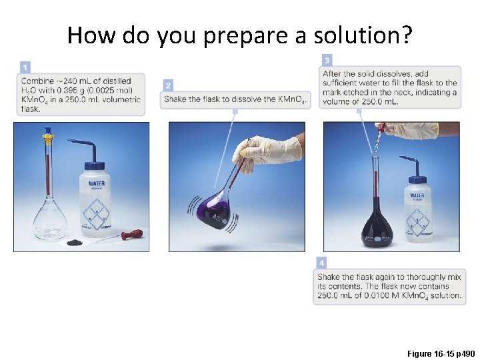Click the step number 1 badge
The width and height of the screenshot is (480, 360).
click(25, 67)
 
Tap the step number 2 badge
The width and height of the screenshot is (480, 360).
click(168, 85)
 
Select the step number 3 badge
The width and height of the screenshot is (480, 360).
click(327, 60)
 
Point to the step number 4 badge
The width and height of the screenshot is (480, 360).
click(321, 263)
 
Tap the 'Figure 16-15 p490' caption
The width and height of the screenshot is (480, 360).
click(441, 353)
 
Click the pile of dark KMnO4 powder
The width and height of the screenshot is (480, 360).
click(75, 242)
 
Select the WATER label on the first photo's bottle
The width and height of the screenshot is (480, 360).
click(97, 183)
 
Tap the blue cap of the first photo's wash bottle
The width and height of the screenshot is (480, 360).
click(94, 166)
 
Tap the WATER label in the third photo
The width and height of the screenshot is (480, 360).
click(417, 195)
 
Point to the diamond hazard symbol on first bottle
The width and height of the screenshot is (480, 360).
click(97, 214)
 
